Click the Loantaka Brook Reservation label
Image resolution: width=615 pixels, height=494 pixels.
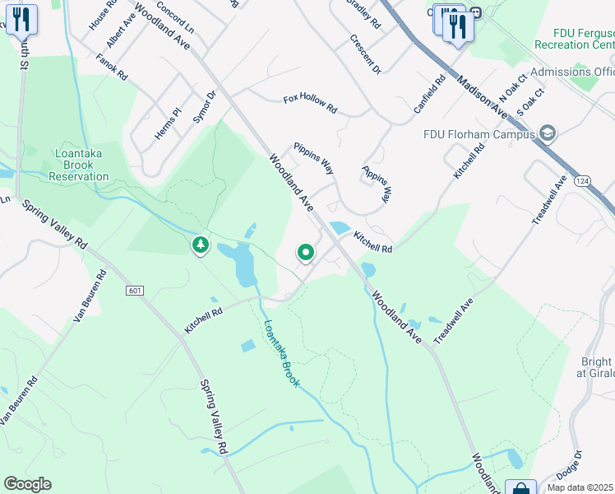click(x=78, y=165)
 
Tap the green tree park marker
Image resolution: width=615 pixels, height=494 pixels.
click(x=200, y=245)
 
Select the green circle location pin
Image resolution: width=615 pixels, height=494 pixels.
click(x=305, y=253)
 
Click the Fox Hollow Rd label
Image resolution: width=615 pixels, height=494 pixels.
click(x=310, y=104)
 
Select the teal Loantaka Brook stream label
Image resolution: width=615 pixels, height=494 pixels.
click(x=280, y=353)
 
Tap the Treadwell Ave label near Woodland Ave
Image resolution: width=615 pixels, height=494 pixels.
click(x=454, y=320)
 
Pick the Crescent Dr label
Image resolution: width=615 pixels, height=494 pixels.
click(x=365, y=54)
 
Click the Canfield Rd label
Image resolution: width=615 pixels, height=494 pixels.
click(x=429, y=94)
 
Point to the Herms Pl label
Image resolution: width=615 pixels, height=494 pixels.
click(x=167, y=123)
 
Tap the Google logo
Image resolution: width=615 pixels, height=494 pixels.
click(x=27, y=484)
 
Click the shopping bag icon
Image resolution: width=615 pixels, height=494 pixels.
click(x=520, y=488)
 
